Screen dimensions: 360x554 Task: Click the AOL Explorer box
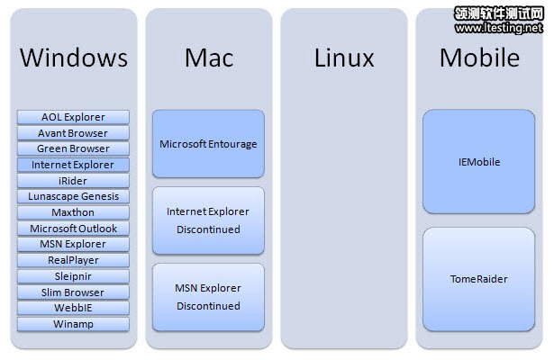(73, 117)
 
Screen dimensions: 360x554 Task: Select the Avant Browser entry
(73, 133)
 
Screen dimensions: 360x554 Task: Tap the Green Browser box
(73, 148)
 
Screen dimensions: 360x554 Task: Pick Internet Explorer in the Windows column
(73, 165)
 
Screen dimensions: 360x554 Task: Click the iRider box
(73, 181)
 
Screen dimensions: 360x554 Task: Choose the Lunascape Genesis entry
(73, 196)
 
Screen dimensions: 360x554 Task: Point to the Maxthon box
(73, 212)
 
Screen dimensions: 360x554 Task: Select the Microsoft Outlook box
(73, 229)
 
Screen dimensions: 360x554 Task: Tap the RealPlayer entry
(73, 260)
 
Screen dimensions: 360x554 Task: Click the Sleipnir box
(73, 276)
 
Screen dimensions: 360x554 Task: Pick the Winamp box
(73, 324)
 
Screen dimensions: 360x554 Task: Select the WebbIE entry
(73, 308)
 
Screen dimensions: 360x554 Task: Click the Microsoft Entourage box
(208, 143)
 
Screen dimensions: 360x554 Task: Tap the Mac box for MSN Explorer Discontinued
(208, 298)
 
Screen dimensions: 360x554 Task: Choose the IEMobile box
(478, 162)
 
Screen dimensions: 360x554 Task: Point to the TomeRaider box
(478, 279)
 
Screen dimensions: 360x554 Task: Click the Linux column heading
(343, 58)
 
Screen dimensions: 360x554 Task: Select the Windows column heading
(73, 58)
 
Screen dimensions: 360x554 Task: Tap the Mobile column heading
(479, 58)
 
